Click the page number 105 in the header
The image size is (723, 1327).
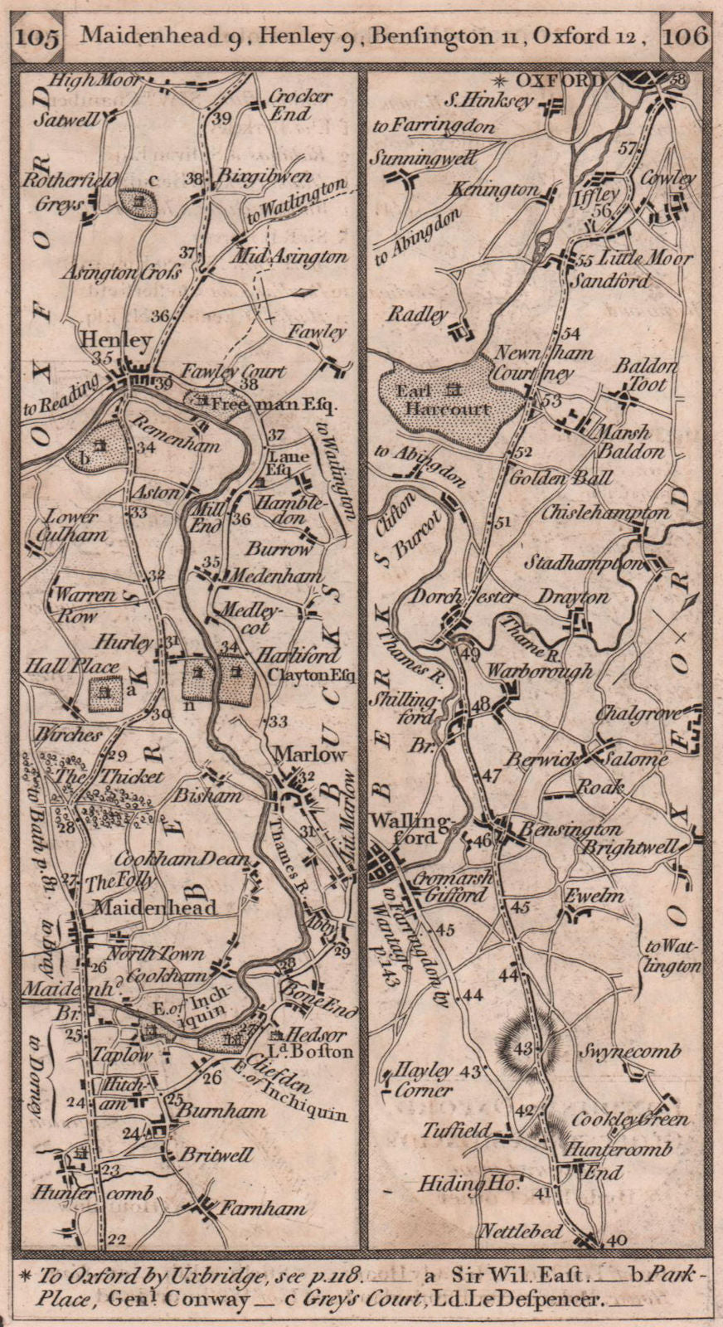(38, 37)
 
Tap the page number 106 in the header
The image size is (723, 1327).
(686, 36)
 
